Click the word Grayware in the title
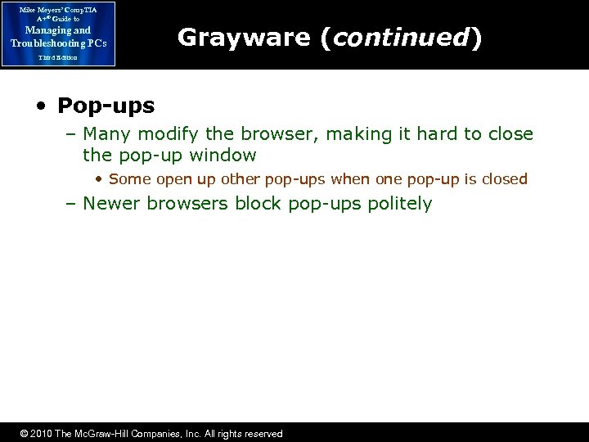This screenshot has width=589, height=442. point(245,37)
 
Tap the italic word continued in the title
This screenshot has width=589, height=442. point(398,37)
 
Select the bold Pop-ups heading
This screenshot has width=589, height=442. point(106,106)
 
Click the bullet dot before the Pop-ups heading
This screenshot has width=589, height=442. point(40,106)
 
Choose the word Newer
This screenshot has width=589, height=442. point(115,203)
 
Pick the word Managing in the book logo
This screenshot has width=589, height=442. point(42,30)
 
